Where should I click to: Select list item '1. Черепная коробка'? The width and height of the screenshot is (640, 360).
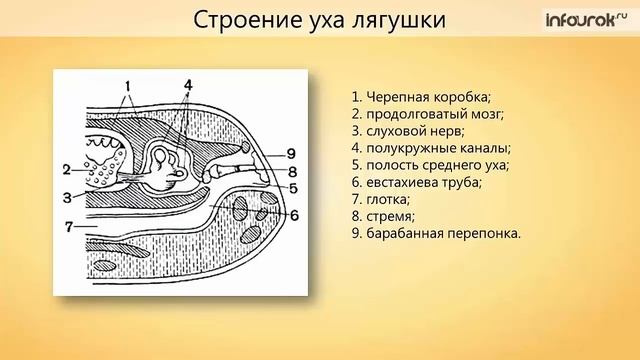click(420, 97)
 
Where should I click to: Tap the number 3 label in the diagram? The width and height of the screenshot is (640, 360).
click(65, 197)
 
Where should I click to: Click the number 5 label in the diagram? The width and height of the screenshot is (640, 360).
click(293, 187)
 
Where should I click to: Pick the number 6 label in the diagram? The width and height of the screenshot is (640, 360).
click(293, 215)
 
